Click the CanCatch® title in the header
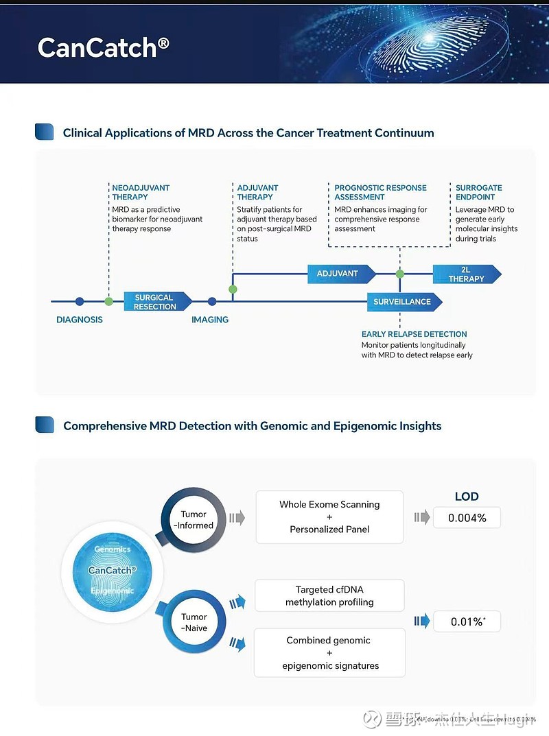click(x=103, y=47)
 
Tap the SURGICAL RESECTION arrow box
click(x=155, y=302)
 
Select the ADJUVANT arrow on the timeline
click(x=339, y=274)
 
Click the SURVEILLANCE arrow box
click(x=403, y=302)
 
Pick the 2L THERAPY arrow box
click(x=466, y=274)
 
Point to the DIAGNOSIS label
click(x=80, y=320)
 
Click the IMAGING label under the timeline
click(x=210, y=320)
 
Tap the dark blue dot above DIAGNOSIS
click(x=80, y=301)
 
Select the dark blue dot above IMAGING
click(x=212, y=301)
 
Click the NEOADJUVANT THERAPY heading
click(x=141, y=192)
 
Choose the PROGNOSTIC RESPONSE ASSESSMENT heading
click(x=380, y=192)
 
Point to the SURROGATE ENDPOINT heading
click(x=479, y=192)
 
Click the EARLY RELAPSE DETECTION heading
click(x=414, y=334)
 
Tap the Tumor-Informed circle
click(x=194, y=519)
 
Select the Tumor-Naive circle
click(x=194, y=622)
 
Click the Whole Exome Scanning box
click(x=329, y=517)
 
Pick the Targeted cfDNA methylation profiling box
click(x=329, y=595)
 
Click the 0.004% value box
click(x=467, y=518)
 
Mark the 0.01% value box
click(x=467, y=622)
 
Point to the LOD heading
click(x=467, y=497)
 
